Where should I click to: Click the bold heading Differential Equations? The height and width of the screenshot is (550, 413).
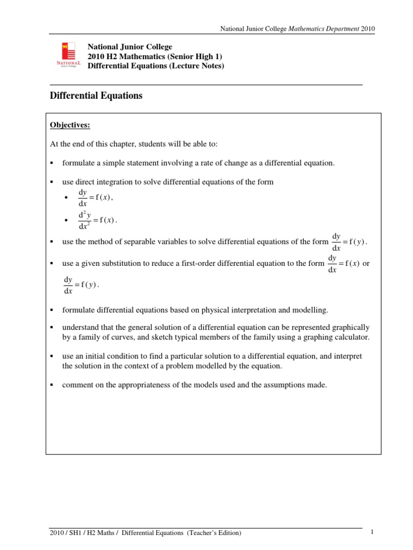tap(96, 96)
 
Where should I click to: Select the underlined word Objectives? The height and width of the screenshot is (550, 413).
tap(70, 125)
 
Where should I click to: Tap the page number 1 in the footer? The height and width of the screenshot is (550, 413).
tap(372, 532)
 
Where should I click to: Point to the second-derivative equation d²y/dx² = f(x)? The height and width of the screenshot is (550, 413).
tap(97, 220)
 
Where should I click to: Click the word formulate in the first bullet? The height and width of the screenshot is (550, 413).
tap(79, 163)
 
